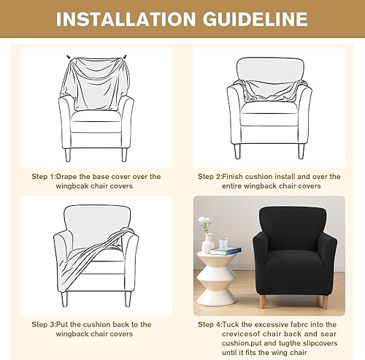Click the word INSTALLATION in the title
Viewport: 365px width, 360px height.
[x=126, y=19]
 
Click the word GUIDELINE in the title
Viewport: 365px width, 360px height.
[x=255, y=19]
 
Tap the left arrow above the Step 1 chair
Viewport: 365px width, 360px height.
[x=69, y=57]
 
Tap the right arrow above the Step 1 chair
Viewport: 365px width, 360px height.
[x=125, y=57]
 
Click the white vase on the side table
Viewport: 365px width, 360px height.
[x=207, y=244]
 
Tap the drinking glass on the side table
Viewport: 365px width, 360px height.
[x=223, y=243]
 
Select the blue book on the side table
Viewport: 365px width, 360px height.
[x=226, y=250]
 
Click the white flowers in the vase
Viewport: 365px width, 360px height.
[x=204, y=223]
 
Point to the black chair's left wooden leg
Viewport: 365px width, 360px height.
[x=263, y=302]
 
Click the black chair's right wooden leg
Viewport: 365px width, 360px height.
[x=323, y=302]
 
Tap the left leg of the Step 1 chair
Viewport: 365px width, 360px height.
[x=68, y=155]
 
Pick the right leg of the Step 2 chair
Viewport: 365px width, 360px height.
[x=301, y=151]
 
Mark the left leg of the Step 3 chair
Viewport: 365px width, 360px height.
[x=64, y=299]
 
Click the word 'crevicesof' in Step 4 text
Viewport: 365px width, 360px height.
[x=241, y=334]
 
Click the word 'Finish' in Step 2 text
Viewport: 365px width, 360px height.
[x=233, y=177]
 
